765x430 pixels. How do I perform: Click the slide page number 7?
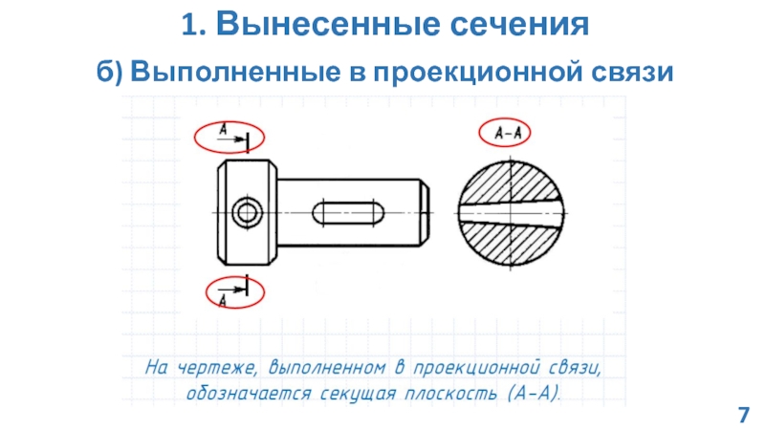tap(743, 415)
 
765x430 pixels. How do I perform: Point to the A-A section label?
tap(508, 133)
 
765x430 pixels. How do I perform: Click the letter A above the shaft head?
tap(223, 130)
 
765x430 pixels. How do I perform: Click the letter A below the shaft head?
tap(223, 300)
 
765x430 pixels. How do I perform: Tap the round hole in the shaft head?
tap(247, 212)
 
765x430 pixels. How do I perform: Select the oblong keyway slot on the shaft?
tap(348, 213)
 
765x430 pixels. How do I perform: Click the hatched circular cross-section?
tap(511, 213)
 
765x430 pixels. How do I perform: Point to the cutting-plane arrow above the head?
tap(232, 140)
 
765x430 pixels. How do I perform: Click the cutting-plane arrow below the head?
tap(232, 290)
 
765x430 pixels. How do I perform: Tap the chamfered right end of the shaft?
tap(425, 212)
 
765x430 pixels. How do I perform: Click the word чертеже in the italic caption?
tap(217, 368)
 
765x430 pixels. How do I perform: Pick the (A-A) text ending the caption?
tap(534, 393)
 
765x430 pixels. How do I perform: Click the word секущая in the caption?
tap(358, 394)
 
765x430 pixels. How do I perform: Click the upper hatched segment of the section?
tap(510, 182)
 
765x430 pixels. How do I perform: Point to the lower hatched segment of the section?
tap(510, 245)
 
